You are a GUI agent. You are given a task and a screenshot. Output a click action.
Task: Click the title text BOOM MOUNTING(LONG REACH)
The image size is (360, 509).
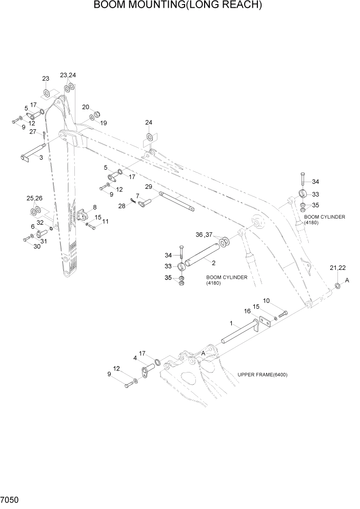[x=178, y=6]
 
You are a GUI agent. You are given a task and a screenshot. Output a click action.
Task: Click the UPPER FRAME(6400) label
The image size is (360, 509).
[x=263, y=375]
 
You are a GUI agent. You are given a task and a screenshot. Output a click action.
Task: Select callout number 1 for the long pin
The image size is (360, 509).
[x=232, y=324]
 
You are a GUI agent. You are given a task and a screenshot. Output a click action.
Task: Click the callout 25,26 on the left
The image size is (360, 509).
[x=34, y=198]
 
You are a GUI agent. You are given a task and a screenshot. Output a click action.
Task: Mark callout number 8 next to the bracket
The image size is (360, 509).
[x=94, y=207]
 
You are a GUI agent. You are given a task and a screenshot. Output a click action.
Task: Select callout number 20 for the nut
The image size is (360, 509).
[x=86, y=107]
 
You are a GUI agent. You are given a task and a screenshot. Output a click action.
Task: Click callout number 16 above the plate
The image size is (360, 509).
[x=247, y=311]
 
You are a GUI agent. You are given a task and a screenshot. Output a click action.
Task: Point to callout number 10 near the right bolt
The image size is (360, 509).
[x=266, y=301]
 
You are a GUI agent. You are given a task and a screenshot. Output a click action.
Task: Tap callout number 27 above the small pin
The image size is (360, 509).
[x=32, y=132]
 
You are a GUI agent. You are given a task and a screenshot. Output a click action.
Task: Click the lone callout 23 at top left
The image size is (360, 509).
[x=46, y=79]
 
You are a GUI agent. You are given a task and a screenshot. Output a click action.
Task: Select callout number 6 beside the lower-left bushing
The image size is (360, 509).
[x=32, y=226]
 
